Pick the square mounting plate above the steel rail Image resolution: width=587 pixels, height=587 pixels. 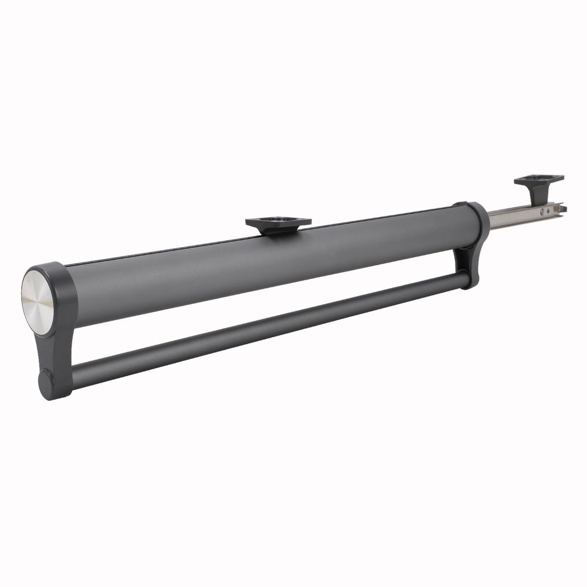[x=539, y=179]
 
